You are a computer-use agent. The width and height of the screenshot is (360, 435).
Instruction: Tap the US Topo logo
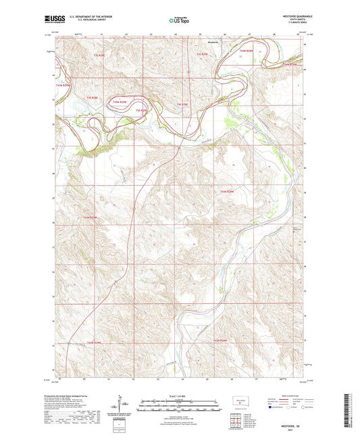178,21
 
